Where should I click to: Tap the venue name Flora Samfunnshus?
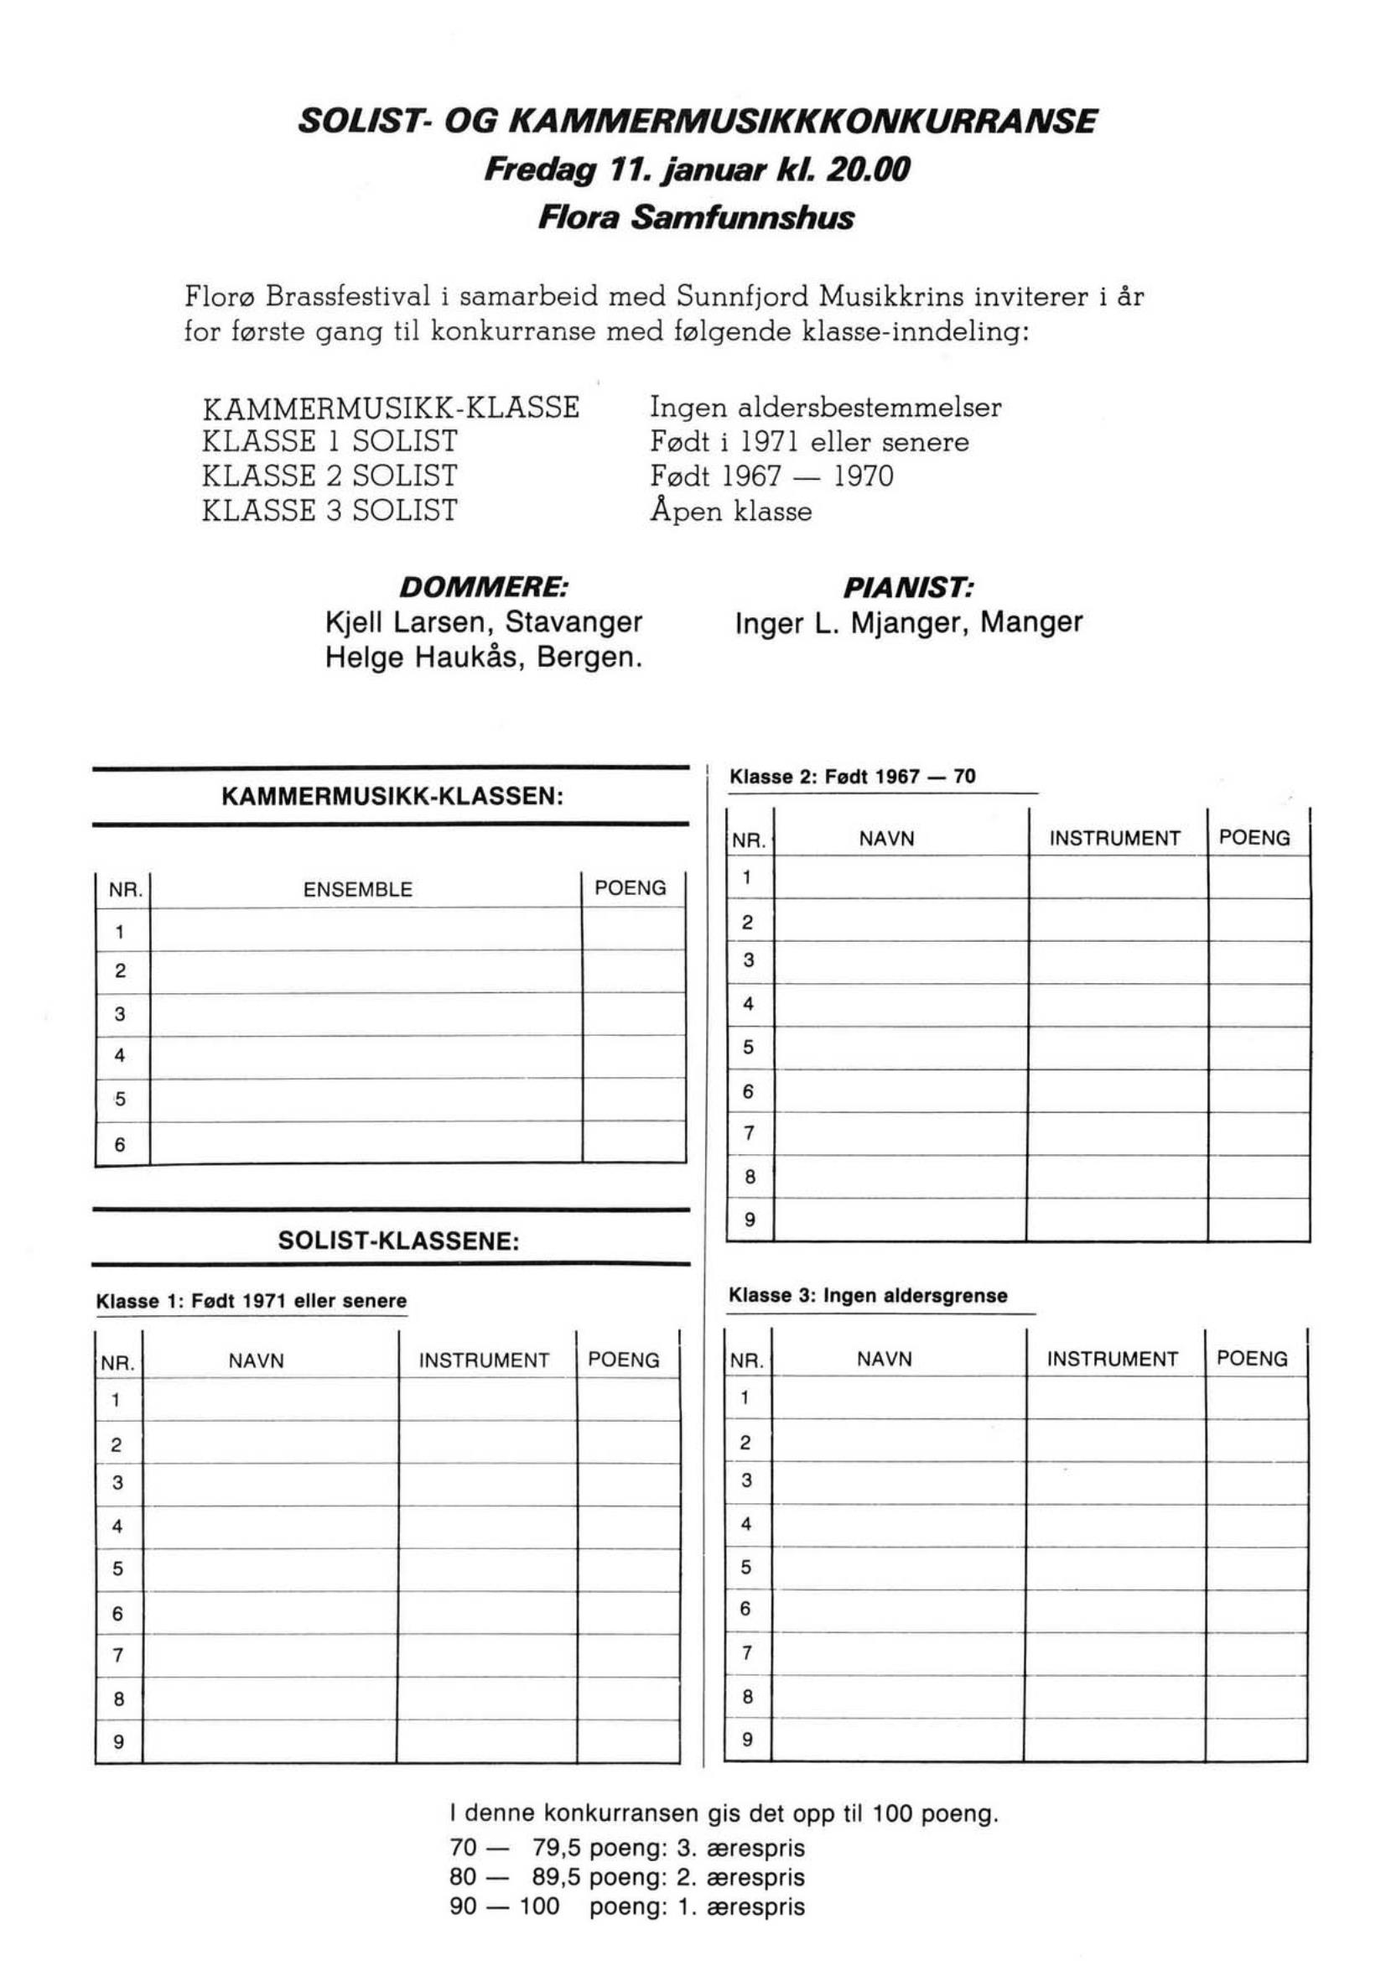(696, 219)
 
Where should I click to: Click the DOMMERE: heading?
(483, 588)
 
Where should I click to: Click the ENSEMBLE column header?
(358, 889)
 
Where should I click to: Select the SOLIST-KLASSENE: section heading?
(399, 1241)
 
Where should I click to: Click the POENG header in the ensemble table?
(631, 888)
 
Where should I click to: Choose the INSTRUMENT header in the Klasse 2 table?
(1114, 839)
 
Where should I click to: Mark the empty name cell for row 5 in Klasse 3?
(897, 1568)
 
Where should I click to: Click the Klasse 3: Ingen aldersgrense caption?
(868, 1296)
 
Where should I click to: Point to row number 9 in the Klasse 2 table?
(750, 1220)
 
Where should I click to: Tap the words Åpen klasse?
(730, 512)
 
